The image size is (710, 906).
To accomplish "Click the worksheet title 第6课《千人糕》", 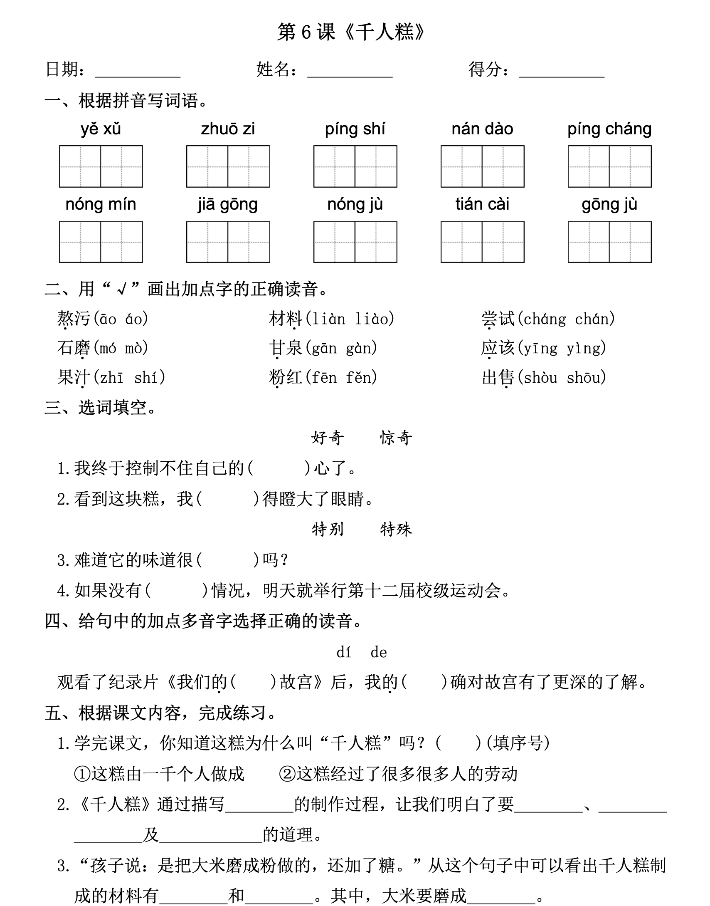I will (x=351, y=32).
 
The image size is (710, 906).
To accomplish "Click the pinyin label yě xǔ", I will (x=101, y=129).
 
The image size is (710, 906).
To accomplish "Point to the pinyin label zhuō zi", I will (x=228, y=129).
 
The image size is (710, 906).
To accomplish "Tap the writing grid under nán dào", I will (x=482, y=166).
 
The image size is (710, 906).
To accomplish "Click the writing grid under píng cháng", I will (x=609, y=166).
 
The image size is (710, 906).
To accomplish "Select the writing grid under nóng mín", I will (x=101, y=242).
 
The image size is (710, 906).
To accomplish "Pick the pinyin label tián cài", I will (x=482, y=204).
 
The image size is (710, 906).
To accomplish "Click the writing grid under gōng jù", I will (x=609, y=242).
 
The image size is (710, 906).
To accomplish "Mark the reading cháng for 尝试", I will (x=544, y=319).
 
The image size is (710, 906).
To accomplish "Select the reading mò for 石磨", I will (x=133, y=348).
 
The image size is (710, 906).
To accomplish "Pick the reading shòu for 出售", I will (x=540, y=377).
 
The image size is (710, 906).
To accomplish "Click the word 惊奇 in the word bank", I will (x=396, y=438).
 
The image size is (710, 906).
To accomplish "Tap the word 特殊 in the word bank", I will (x=396, y=529).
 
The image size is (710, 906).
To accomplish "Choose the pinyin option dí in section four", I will (x=344, y=652).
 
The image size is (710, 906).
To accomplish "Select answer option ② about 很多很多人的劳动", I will (x=398, y=774).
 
